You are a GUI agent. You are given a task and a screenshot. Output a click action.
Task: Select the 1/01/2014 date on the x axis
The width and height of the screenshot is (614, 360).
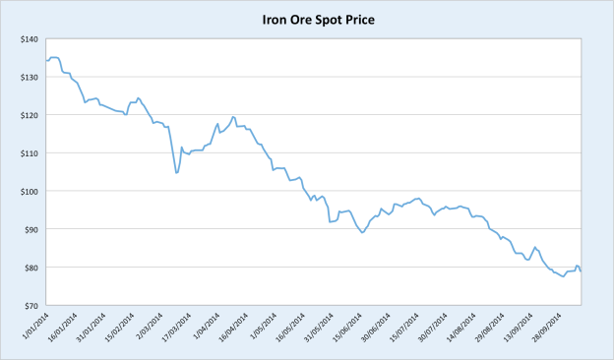point(31,326)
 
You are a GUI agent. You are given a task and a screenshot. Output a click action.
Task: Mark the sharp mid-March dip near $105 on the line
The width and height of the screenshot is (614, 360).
point(176,173)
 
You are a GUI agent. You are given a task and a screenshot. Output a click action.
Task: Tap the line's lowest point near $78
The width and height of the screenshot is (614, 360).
point(563,276)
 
